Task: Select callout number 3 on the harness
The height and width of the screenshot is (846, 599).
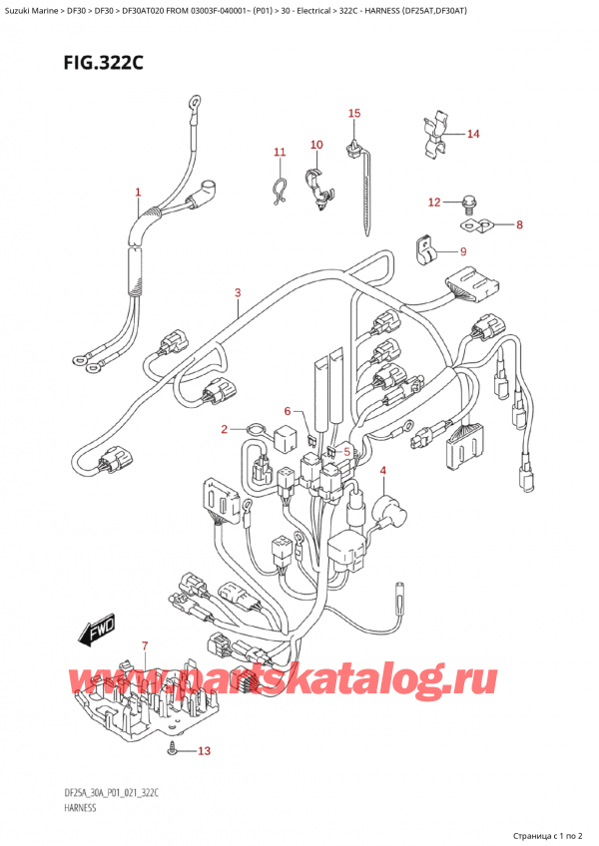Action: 238,292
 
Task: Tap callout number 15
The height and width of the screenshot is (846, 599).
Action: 353,114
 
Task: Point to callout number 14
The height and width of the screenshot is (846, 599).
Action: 473,134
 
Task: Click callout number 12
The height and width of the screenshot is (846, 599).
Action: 433,203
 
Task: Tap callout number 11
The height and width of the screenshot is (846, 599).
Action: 280,153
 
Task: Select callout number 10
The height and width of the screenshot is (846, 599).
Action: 316,146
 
